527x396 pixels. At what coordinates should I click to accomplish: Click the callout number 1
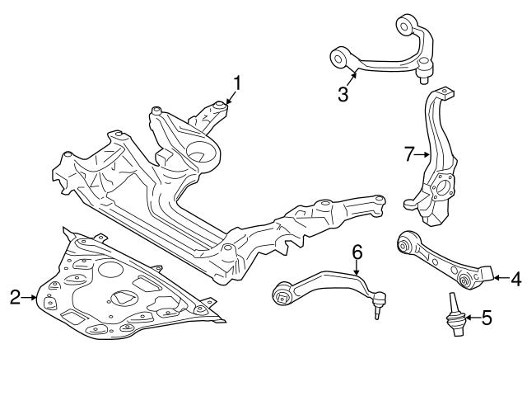237,83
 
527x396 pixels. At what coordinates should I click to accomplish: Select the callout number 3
343,93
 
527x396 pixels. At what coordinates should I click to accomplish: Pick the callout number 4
515,280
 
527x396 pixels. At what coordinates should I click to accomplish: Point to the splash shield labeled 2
124,289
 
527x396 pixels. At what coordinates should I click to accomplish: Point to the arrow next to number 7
422,153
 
